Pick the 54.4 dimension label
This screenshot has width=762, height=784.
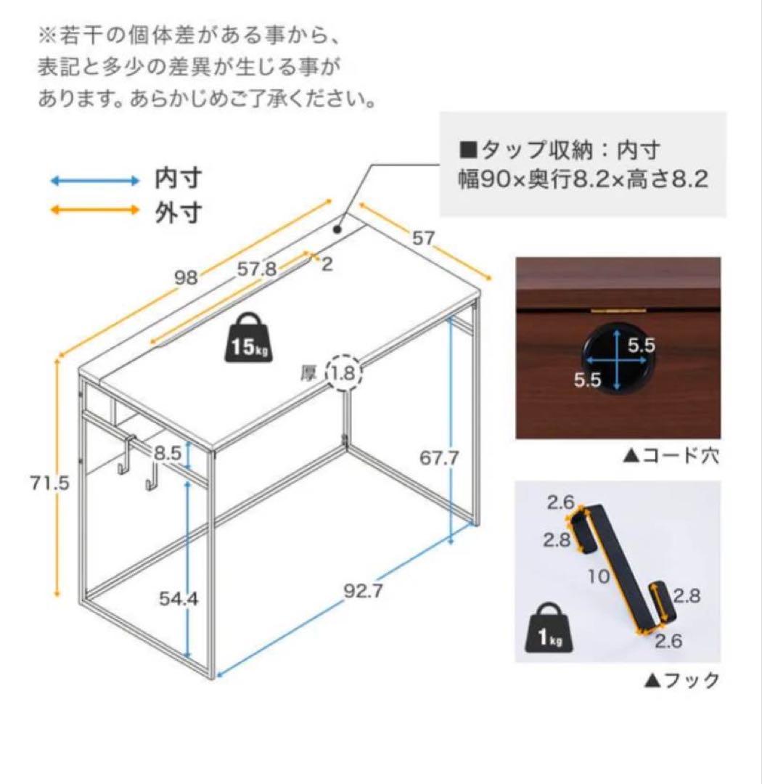(x=179, y=599)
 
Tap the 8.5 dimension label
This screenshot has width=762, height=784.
(x=168, y=453)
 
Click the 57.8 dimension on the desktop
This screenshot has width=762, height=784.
(x=257, y=269)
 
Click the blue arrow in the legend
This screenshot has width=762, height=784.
(x=94, y=179)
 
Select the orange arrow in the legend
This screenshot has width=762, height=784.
(x=94, y=211)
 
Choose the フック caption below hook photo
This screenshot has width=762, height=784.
(x=681, y=680)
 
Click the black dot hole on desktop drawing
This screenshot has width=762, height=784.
(x=338, y=229)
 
